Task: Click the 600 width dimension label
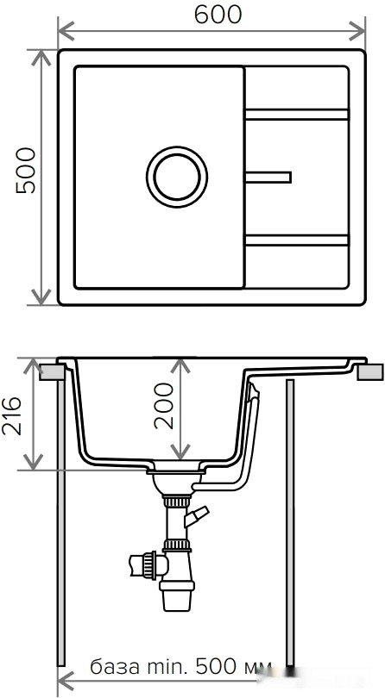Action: pos(212,14)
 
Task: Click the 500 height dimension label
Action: pos(25,170)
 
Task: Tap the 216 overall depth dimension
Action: pos(15,416)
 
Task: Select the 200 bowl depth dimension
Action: pos(163,405)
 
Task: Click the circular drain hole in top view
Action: pos(177,177)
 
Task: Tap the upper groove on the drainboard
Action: pos(297,114)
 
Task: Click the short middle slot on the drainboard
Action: pos(268,178)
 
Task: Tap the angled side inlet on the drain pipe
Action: pos(197,517)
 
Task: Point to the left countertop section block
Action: pos(53,371)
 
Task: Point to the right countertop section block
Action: pos(370,371)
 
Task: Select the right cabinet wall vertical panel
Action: pos(290,517)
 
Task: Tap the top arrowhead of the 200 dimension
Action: pos(179,364)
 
